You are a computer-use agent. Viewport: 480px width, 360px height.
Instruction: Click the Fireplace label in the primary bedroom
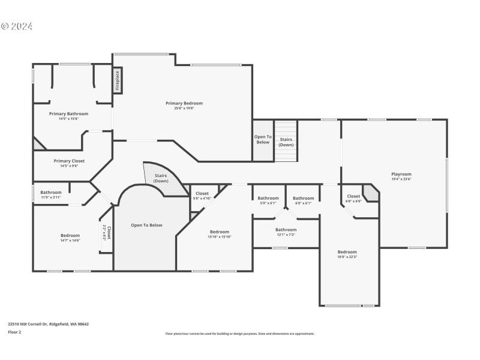[x=118, y=80]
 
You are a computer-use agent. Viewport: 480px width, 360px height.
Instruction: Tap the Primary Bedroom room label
[x=184, y=103]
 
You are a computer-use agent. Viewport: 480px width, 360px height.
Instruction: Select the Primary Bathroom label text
[x=68, y=114]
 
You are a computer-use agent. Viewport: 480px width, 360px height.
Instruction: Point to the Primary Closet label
[x=69, y=161]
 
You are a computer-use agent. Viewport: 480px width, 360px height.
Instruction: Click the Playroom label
[x=401, y=174]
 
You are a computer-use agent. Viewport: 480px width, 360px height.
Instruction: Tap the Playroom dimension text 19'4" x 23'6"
[x=401, y=179]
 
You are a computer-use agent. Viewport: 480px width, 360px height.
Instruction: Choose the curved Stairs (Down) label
[x=161, y=178]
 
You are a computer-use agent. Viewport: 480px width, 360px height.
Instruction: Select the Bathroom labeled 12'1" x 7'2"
[x=286, y=230]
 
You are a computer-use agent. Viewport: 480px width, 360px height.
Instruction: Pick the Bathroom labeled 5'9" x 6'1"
[x=268, y=199]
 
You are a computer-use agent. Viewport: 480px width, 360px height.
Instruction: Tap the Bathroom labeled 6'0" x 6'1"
[x=303, y=199]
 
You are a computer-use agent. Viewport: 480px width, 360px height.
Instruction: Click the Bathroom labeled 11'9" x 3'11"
[x=51, y=193]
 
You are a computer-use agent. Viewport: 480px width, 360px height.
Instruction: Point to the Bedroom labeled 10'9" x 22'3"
[x=347, y=252]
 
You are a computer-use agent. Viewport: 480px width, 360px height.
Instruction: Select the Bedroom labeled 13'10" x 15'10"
[x=219, y=232]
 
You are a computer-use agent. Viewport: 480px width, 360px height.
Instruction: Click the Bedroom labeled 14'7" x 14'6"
[x=70, y=236]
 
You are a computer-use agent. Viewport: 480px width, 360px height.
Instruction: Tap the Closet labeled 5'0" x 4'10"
[x=202, y=194]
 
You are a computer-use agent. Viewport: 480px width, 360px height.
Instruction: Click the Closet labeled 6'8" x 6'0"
[x=353, y=196]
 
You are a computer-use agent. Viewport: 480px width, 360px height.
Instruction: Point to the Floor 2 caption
[x=14, y=332]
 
